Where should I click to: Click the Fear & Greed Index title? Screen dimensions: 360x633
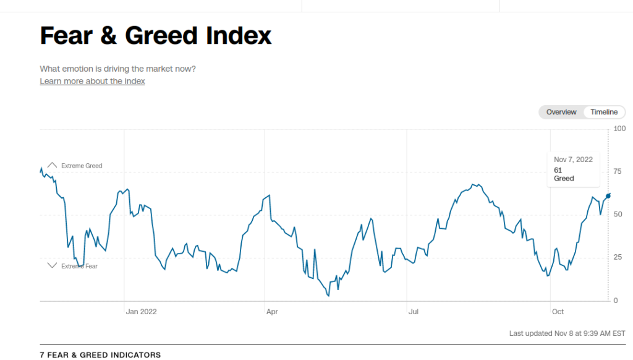coord(156,36)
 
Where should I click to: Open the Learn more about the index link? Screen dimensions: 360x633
coord(92,81)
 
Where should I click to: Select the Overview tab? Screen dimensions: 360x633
coord(561,112)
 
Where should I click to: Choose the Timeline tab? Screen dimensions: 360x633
coord(604,112)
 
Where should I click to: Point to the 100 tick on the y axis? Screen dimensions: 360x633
coord(619,129)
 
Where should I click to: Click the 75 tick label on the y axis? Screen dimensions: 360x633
coord(617,171)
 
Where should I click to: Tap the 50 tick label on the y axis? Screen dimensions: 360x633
coord(617,215)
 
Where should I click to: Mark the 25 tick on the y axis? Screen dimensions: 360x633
coord(617,257)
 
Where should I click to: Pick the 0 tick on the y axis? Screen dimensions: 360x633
coord(615,301)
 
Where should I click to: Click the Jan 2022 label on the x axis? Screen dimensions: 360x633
coord(141,312)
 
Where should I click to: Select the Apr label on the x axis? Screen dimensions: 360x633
coord(272,312)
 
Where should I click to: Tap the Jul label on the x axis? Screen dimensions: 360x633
coord(414,312)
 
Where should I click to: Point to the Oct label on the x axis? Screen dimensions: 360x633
coord(558,312)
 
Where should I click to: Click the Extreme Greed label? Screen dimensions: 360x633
coord(82,166)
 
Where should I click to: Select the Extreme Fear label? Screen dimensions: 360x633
coord(79,266)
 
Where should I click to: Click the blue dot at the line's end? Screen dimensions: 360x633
coord(608,195)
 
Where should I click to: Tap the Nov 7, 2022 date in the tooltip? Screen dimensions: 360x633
coord(573,160)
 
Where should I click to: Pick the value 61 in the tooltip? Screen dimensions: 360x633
coord(558,169)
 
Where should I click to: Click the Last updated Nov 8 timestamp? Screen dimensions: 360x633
coord(567,333)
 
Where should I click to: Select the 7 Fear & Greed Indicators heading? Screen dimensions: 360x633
coord(100,355)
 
